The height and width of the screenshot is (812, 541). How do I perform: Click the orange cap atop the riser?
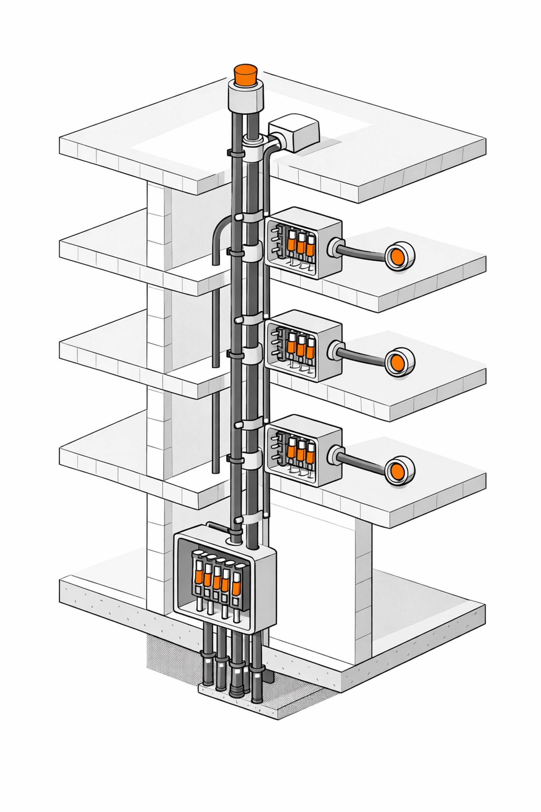pyautogui.click(x=245, y=75)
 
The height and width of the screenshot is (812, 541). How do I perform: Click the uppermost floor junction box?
pyautogui.click(x=303, y=243)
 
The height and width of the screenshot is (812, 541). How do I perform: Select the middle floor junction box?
pyautogui.click(x=303, y=346)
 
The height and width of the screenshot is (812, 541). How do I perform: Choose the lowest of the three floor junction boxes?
pyautogui.click(x=303, y=451)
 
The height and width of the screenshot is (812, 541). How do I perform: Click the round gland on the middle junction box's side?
pyautogui.click(x=335, y=349)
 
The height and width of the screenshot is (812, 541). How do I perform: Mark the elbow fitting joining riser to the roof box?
pyautogui.click(x=275, y=143)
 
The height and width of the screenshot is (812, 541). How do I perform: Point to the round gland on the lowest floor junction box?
pyautogui.click(x=335, y=455)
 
